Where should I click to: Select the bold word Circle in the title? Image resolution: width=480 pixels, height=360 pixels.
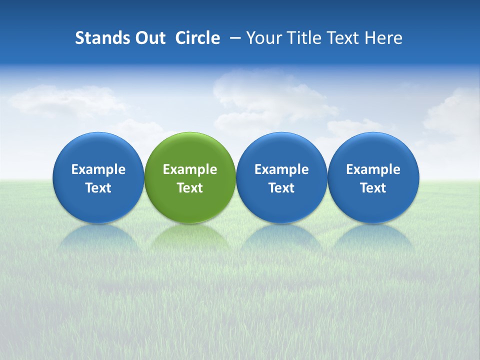pos(197,38)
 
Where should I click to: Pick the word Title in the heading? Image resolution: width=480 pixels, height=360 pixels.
pos(305,38)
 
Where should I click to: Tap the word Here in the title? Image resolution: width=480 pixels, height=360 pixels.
pos(384,38)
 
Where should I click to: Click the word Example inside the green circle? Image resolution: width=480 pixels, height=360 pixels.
pos(190,169)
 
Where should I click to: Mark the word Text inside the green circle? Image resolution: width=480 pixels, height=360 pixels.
pos(190,188)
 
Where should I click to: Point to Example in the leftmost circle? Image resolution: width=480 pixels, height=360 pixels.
pos(98,169)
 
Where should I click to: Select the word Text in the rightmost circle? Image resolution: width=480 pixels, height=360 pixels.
pos(373,188)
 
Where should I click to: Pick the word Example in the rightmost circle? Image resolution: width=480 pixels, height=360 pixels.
pos(373,169)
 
